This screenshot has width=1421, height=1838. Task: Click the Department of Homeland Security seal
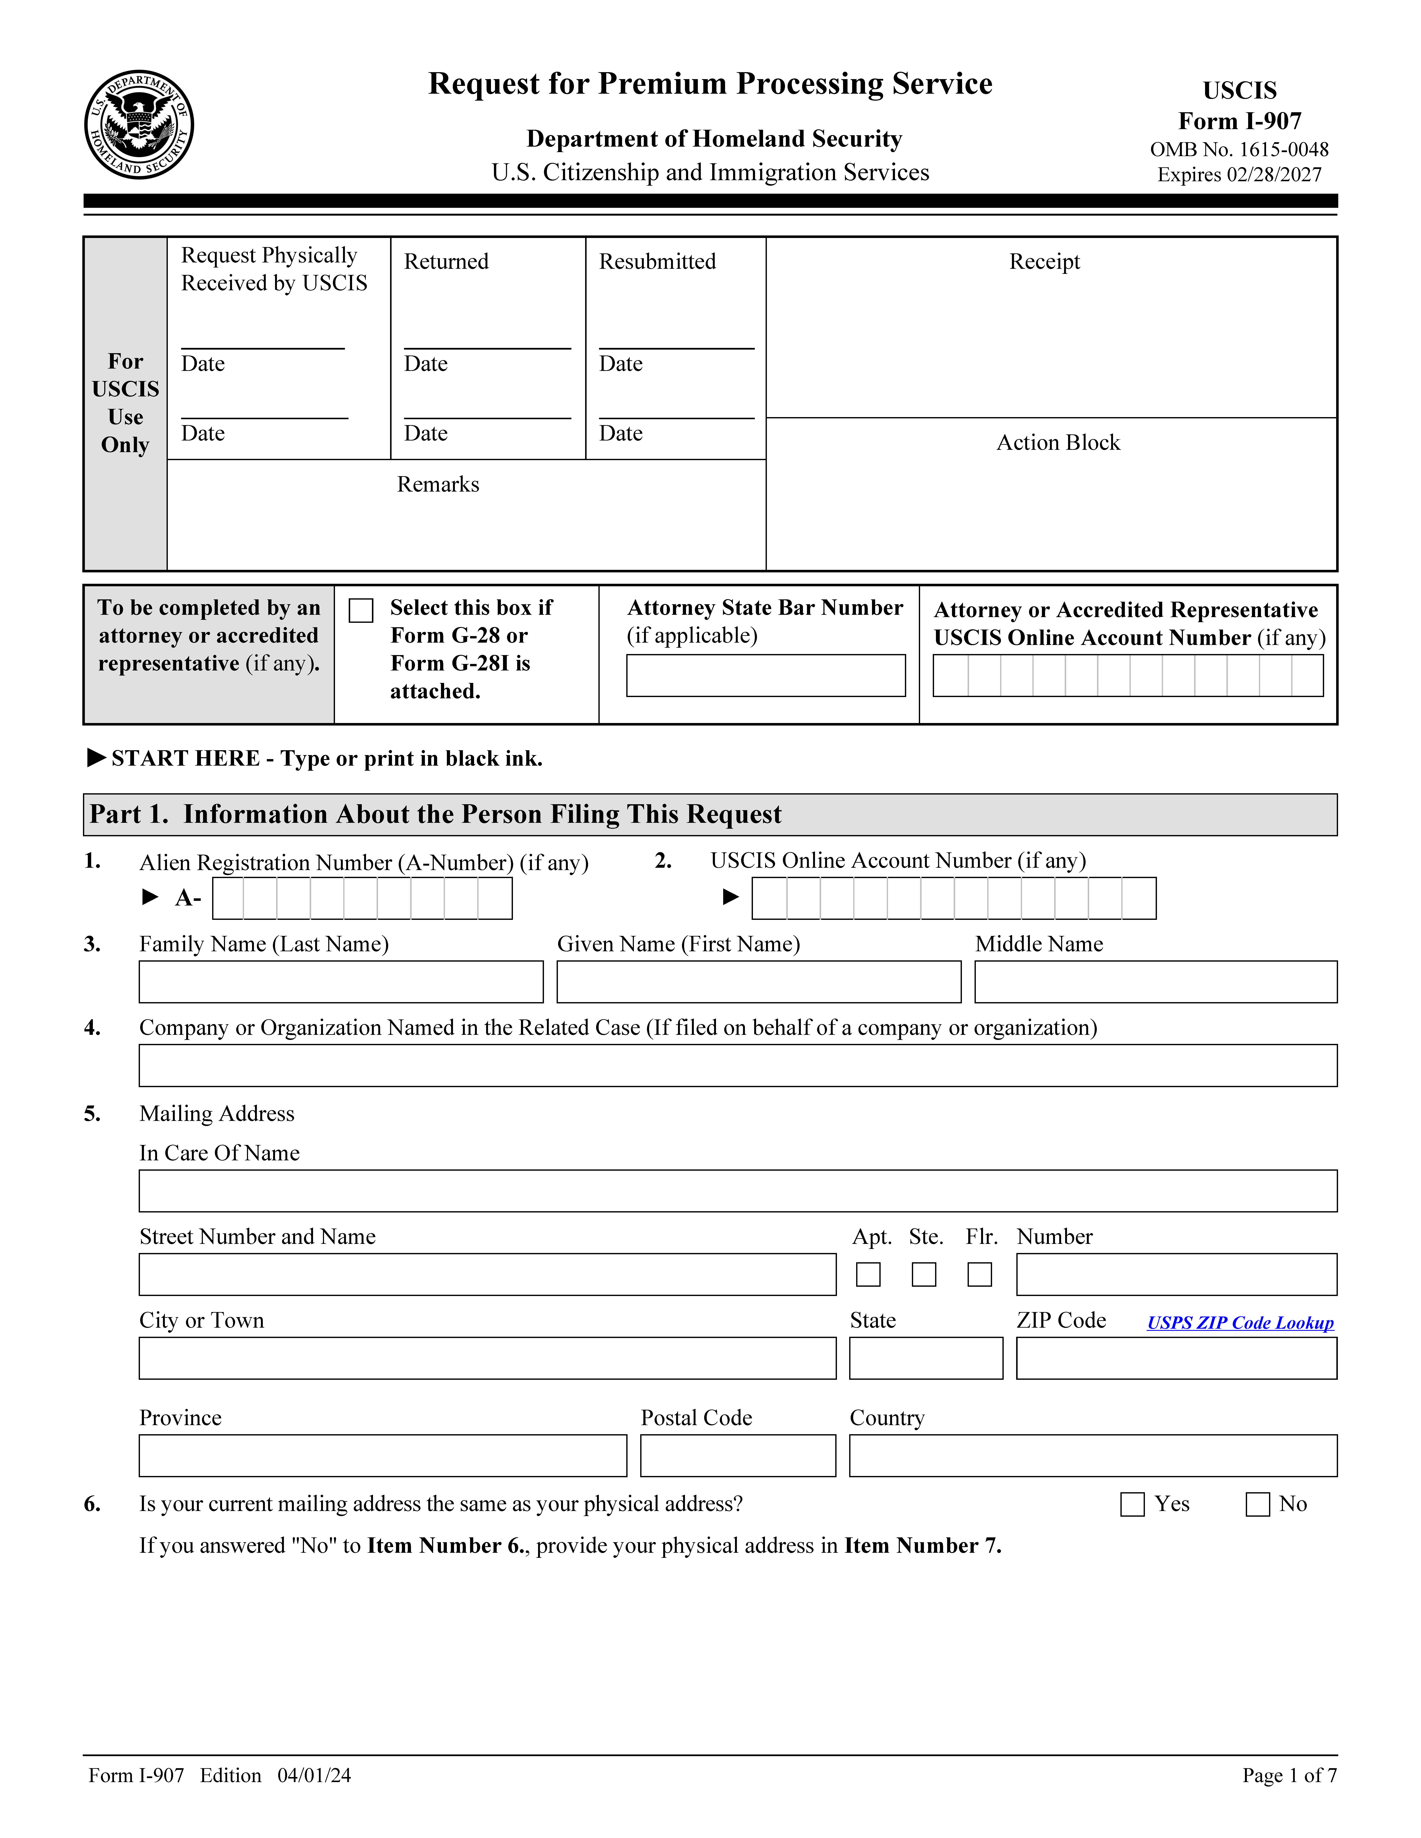coord(139,124)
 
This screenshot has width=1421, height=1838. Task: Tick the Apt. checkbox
coord(868,1274)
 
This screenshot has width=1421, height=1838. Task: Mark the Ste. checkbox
coord(923,1274)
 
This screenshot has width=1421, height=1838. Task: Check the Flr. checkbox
coord(979,1274)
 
